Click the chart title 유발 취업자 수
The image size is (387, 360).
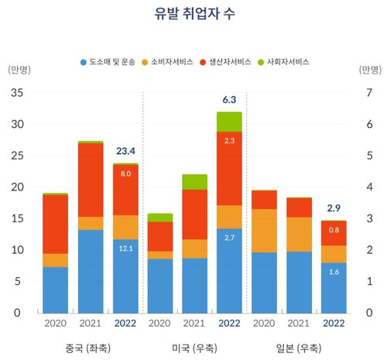click(193, 14)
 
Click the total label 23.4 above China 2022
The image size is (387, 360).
click(125, 150)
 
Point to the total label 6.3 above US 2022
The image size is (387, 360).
click(229, 99)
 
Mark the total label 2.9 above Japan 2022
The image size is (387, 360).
click(334, 208)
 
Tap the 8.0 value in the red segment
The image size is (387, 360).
click(125, 174)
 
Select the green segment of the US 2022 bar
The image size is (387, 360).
click(229, 122)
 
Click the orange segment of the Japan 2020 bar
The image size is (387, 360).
click(264, 231)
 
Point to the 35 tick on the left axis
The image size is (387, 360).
click(18, 93)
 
